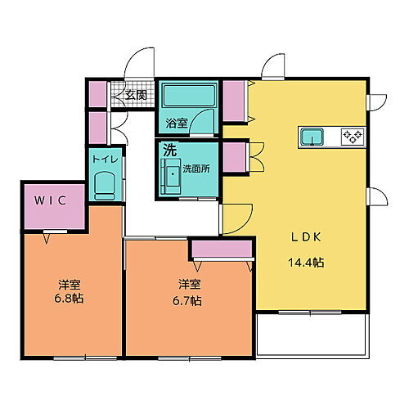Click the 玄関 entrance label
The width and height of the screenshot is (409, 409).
(137, 95)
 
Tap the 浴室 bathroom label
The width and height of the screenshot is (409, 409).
(177, 124)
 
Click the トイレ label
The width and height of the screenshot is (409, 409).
(103, 160)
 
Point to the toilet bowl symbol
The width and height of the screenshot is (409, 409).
(104, 188)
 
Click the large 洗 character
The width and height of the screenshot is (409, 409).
(169, 151)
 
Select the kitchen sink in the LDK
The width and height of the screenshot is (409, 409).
(312, 137)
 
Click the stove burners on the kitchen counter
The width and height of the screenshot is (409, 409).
(353, 136)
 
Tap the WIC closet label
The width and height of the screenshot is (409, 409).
(49, 199)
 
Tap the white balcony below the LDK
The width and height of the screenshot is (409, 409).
(312, 335)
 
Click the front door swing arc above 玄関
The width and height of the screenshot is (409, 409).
(139, 61)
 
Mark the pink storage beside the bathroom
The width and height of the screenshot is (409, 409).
(235, 100)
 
